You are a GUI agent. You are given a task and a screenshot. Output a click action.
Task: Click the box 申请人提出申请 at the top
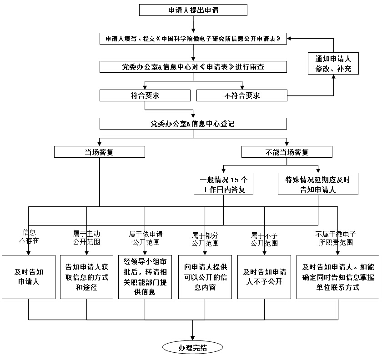(193, 10)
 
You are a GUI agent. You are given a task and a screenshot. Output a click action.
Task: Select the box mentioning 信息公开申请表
(193, 39)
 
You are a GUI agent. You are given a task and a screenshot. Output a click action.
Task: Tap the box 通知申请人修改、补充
(333, 64)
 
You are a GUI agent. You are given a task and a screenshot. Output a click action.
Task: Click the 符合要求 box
(145, 95)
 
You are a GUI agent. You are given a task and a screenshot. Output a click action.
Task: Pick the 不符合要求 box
(241, 95)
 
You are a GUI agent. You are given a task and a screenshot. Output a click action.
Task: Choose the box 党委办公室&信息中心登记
(193, 124)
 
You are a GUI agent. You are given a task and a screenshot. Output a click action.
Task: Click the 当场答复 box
(99, 152)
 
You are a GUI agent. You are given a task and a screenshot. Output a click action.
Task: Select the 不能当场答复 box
(286, 152)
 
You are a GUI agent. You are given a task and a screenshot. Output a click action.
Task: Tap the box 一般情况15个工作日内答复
(223, 184)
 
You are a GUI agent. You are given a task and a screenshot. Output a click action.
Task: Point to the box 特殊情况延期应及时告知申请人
(318, 184)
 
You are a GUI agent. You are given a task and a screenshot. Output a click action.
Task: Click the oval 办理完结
(193, 348)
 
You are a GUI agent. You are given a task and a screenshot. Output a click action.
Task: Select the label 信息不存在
(29, 237)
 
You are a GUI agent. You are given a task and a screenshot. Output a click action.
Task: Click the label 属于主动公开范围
(86, 238)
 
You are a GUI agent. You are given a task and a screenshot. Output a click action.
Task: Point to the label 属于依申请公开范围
(145, 238)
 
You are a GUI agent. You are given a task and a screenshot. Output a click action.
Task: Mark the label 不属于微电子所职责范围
(336, 238)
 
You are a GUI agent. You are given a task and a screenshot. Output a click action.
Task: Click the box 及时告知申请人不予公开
(264, 277)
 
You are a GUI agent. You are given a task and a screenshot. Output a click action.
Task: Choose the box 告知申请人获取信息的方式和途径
(86, 277)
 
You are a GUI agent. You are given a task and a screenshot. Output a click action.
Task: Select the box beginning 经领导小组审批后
(145, 276)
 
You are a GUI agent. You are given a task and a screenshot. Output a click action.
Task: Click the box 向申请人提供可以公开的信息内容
(205, 277)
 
